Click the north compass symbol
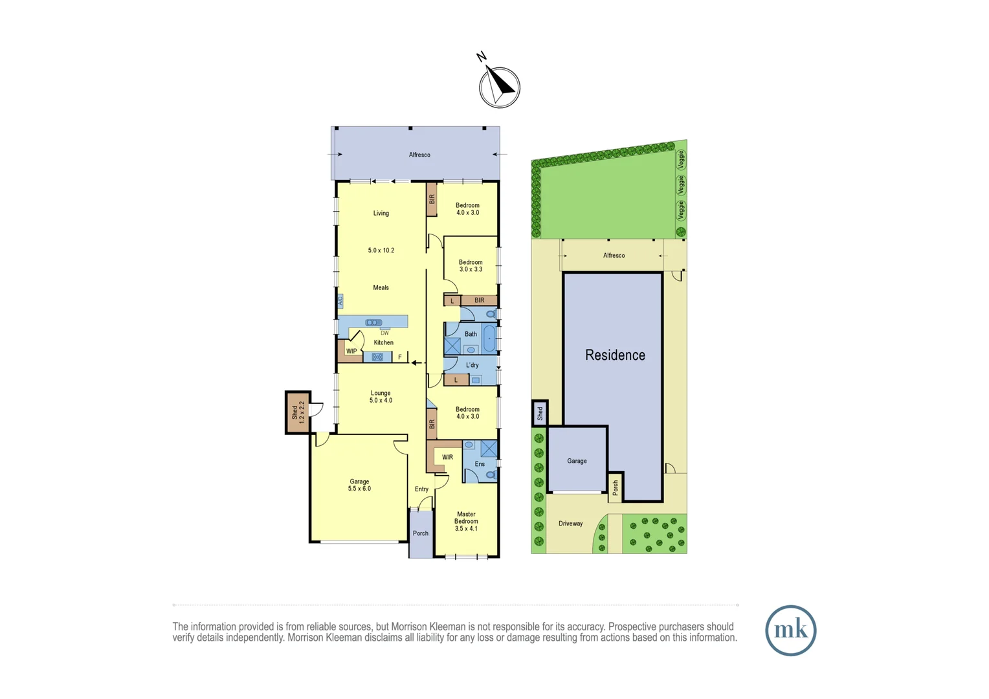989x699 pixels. tap(499, 87)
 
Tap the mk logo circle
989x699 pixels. tap(790, 630)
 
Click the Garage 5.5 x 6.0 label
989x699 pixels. tap(359, 485)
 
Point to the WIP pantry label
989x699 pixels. tap(351, 351)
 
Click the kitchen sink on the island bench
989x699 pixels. tap(373, 322)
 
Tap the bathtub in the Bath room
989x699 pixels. tap(490, 338)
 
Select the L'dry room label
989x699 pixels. tap(472, 365)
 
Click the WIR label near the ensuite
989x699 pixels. tap(447, 457)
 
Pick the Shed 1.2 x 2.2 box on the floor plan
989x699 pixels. tap(298, 412)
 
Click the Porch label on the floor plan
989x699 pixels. tap(421, 533)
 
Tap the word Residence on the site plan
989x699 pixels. tap(615, 355)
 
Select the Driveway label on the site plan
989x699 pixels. tap(570, 524)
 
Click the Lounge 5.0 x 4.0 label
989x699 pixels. tap(381, 397)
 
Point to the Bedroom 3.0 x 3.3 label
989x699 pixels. tap(471, 265)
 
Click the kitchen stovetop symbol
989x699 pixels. tap(377, 357)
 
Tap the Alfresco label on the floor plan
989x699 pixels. tap(419, 155)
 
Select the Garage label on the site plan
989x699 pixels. tap(577, 461)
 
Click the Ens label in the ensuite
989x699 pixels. tap(480, 464)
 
